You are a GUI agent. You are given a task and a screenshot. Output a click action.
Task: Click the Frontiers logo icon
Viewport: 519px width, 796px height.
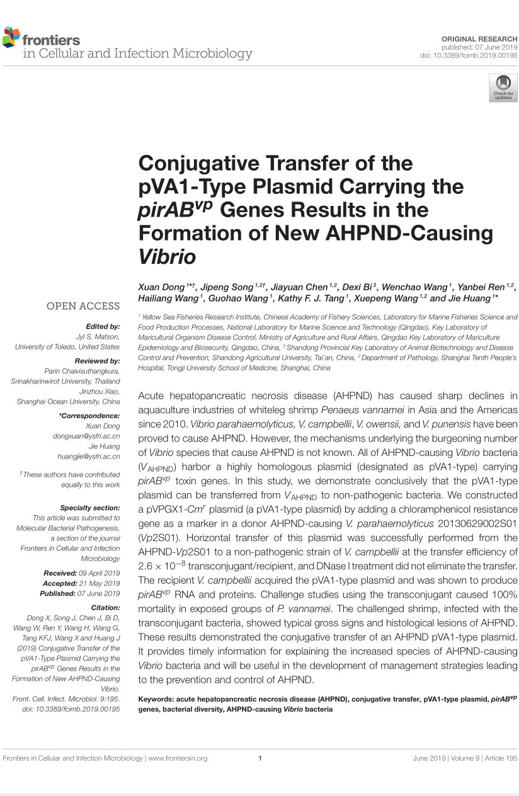(x=11, y=38)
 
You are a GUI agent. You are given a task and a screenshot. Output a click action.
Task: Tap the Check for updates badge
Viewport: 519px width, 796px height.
(x=503, y=87)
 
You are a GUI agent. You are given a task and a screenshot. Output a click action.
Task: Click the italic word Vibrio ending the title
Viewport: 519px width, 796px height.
(x=167, y=257)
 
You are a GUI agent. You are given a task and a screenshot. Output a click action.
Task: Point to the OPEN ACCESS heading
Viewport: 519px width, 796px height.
(x=83, y=306)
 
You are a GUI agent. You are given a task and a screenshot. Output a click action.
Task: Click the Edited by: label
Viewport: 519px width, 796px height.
(x=103, y=326)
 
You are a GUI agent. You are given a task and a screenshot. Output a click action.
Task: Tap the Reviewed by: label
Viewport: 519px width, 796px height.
(x=97, y=361)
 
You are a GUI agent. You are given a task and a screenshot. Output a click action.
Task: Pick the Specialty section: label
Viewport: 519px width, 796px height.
(x=90, y=508)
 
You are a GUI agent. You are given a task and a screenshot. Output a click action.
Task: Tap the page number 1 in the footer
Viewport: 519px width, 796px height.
(x=259, y=758)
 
